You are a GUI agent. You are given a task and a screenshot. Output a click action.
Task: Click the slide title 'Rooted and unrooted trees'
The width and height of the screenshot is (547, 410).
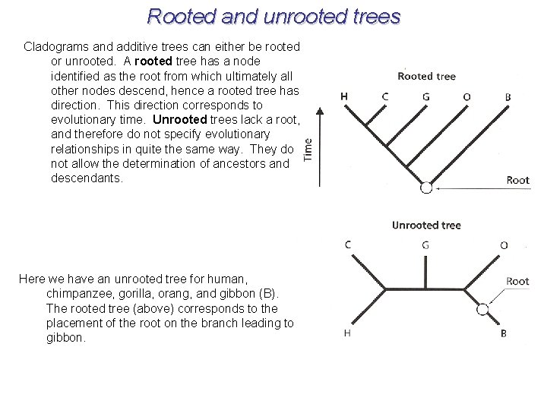tap(273, 16)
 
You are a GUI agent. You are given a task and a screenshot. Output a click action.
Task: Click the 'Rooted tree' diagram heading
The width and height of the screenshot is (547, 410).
tap(426, 76)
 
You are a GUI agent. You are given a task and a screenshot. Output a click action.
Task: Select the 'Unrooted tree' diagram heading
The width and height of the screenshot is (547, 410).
tap(426, 225)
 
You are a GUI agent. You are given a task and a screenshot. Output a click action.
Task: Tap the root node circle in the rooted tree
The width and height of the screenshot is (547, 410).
tap(426, 188)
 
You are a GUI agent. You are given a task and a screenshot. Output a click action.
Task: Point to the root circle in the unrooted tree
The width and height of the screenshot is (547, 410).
tap(482, 309)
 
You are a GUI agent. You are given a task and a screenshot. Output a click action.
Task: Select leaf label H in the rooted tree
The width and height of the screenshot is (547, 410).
tap(344, 96)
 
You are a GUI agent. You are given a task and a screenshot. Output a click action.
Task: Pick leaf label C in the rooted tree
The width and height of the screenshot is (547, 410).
tap(385, 96)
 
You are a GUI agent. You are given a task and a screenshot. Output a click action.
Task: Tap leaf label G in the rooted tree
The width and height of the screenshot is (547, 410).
tap(425, 96)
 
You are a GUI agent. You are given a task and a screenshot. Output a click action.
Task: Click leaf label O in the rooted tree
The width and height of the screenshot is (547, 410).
tap(466, 96)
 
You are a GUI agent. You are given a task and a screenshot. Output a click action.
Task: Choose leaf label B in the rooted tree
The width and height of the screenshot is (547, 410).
tap(507, 97)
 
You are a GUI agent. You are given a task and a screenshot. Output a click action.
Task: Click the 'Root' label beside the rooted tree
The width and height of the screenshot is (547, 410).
tap(517, 180)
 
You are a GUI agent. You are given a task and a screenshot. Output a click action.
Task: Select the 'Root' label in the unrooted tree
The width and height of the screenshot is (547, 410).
tap(517, 281)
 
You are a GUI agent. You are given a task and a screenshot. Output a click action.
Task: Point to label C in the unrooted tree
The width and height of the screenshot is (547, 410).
tap(348, 244)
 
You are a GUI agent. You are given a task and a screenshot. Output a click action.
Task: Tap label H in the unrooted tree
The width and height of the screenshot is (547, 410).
tap(347, 333)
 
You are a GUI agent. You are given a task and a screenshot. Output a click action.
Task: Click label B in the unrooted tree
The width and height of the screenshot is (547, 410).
tap(504, 333)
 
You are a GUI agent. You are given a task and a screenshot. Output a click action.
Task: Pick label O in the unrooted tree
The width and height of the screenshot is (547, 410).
tap(504, 244)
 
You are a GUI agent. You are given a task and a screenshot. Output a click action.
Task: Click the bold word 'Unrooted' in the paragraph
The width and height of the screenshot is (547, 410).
tap(179, 119)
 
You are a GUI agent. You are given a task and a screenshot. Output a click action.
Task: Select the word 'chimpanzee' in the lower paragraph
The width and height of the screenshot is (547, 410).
tap(82, 294)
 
